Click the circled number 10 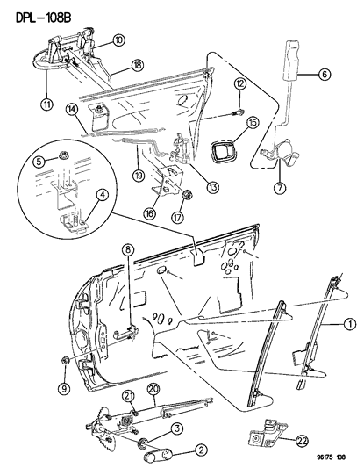[118, 40]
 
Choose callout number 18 [138, 65]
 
